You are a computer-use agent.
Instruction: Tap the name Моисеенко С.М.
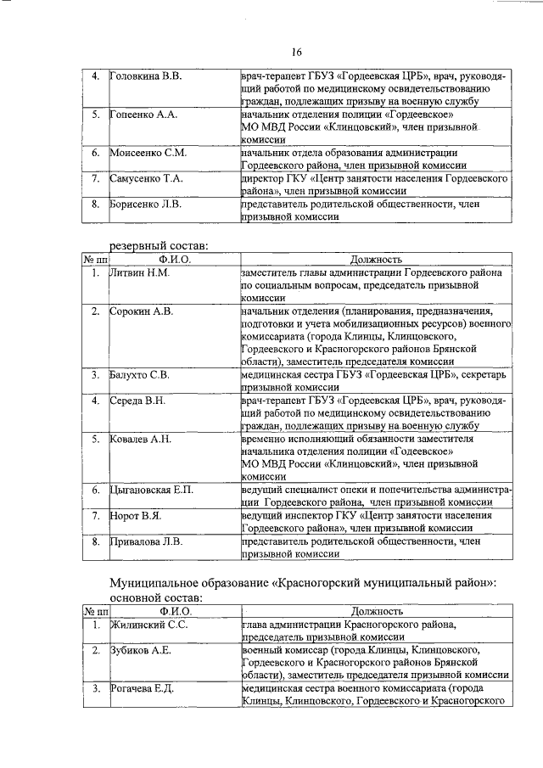148,153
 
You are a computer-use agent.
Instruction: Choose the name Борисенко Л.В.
145,205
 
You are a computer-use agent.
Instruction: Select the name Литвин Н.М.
140,273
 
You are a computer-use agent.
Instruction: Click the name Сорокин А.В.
141,311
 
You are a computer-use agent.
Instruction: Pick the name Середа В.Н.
138,400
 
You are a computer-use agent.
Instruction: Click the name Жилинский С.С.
148,625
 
